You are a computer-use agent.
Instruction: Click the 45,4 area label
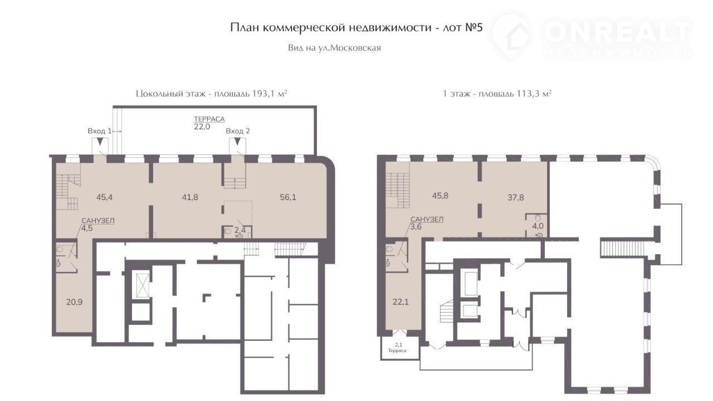pyautogui.click(x=104, y=197)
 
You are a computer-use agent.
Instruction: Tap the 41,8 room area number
pyautogui.click(x=190, y=197)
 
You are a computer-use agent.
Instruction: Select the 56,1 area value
pyautogui.click(x=288, y=197)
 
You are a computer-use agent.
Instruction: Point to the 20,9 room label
pyautogui.click(x=75, y=302)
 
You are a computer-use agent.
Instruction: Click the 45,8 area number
pyautogui.click(x=440, y=195)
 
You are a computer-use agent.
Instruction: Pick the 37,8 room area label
pyautogui.click(x=516, y=197)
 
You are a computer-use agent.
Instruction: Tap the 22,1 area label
pyautogui.click(x=401, y=302)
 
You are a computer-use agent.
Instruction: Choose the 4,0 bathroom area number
pyautogui.click(x=538, y=226)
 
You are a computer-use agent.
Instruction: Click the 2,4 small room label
pyautogui.click(x=240, y=230)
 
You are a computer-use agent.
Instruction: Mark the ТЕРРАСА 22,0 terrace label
pyautogui.click(x=209, y=123)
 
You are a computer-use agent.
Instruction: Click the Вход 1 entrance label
pyautogui.click(x=100, y=131)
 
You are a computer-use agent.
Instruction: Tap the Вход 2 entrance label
pyautogui.click(x=238, y=131)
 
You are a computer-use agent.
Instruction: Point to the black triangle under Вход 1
pyautogui.click(x=100, y=141)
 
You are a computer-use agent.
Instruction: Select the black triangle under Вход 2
pyautogui.click(x=238, y=141)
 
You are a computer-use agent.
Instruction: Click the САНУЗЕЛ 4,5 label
pyautogui.click(x=97, y=224)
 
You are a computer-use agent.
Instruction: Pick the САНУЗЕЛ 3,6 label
pyautogui.click(x=427, y=223)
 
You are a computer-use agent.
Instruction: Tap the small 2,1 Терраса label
pyautogui.click(x=398, y=348)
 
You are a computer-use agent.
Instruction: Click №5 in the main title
pyautogui.click(x=474, y=28)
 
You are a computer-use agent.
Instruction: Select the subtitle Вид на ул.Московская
pyautogui.click(x=334, y=48)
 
